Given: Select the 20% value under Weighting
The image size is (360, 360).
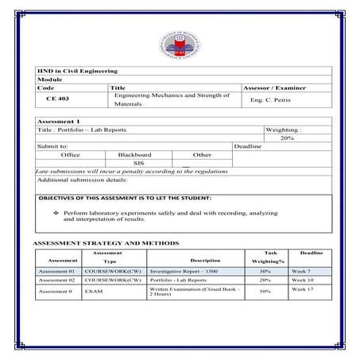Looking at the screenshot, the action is point(287,138).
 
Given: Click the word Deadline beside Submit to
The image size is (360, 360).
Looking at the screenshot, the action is point(247,146).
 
